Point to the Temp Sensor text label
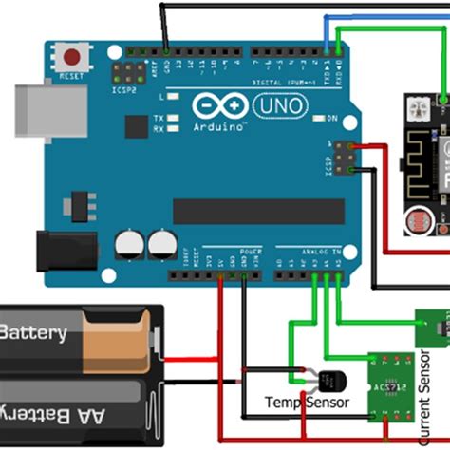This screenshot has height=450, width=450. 307,403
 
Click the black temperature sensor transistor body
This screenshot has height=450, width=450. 328,380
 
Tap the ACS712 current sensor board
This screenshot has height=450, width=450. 392,385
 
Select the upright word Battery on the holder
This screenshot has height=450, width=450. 34,333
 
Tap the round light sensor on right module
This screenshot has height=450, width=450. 414,224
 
